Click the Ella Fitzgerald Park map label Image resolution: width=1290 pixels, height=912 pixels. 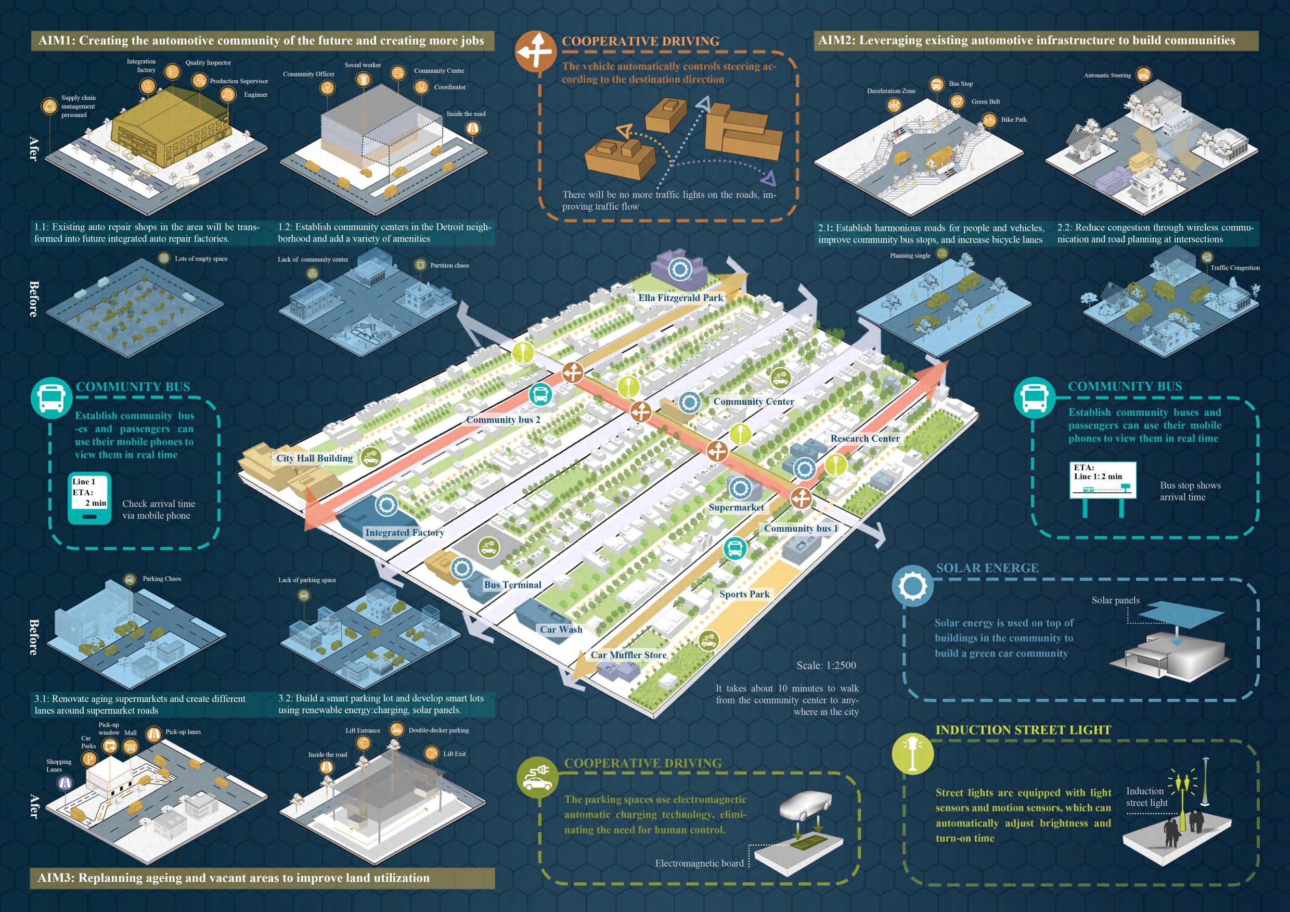(x=680, y=298)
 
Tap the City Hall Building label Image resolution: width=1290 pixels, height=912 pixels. (x=314, y=458)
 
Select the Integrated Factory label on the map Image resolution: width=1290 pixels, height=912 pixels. (x=405, y=532)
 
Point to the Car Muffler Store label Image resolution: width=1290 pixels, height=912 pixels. (x=628, y=654)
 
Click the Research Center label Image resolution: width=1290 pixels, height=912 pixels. (x=865, y=438)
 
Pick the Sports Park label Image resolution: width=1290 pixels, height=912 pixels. (x=744, y=594)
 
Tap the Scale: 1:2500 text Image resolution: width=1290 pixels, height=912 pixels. (x=826, y=665)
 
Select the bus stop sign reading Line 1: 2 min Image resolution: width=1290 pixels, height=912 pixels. (x=1102, y=480)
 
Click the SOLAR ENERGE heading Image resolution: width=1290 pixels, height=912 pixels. (x=987, y=568)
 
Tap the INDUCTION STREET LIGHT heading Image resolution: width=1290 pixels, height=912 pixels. (x=1023, y=730)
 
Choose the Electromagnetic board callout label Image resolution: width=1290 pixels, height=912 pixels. (x=699, y=863)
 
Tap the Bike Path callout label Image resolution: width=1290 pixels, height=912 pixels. (x=1014, y=120)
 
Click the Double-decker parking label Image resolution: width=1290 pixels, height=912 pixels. (x=438, y=730)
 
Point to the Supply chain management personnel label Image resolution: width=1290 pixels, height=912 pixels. (x=78, y=106)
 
